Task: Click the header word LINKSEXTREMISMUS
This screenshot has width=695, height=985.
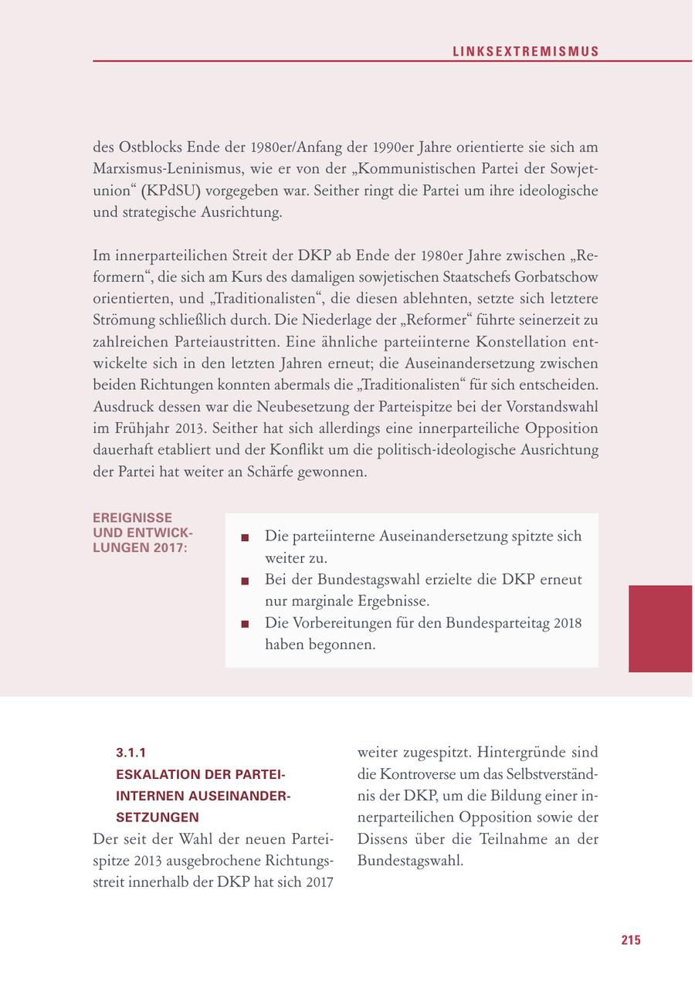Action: click(525, 52)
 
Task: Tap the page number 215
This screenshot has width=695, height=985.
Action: click(630, 939)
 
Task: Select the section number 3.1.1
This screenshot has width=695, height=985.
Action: click(131, 752)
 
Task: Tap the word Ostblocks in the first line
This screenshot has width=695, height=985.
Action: click(147, 147)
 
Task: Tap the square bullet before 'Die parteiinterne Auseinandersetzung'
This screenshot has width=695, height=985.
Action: click(245, 537)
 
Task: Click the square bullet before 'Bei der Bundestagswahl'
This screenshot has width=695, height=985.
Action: click(245, 581)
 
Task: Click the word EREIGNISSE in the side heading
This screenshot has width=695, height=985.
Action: click(132, 518)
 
